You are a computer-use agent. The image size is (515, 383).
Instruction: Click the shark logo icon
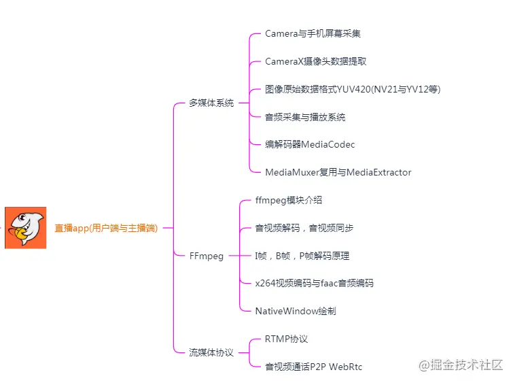click(26, 228)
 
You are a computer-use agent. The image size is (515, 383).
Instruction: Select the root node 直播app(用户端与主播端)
click(106, 229)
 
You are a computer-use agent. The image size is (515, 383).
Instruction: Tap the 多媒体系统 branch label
click(211, 103)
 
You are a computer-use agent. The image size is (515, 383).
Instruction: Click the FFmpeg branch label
click(206, 256)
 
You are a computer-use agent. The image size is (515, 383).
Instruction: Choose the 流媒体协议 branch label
click(211, 353)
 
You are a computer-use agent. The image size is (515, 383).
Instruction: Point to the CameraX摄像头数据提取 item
click(316, 61)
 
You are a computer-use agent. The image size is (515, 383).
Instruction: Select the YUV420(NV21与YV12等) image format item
click(353, 89)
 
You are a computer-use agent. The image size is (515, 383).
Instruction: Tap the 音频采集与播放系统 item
click(305, 117)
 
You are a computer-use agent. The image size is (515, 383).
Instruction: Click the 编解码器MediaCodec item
click(310, 144)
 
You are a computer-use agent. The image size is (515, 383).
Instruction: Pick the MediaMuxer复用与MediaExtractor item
click(338, 172)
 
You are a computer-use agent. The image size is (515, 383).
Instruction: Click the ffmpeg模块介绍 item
click(289, 201)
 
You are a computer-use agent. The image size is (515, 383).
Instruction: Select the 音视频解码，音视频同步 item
click(304, 229)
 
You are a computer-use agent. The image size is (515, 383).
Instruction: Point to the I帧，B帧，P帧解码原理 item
click(302, 256)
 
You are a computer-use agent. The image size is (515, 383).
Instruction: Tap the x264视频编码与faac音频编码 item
click(314, 284)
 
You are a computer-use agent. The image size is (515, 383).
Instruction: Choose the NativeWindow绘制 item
click(296, 312)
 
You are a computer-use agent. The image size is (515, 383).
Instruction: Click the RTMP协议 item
click(287, 339)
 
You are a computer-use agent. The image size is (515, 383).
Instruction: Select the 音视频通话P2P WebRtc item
click(314, 367)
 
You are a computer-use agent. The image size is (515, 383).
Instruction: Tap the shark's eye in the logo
click(22, 219)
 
